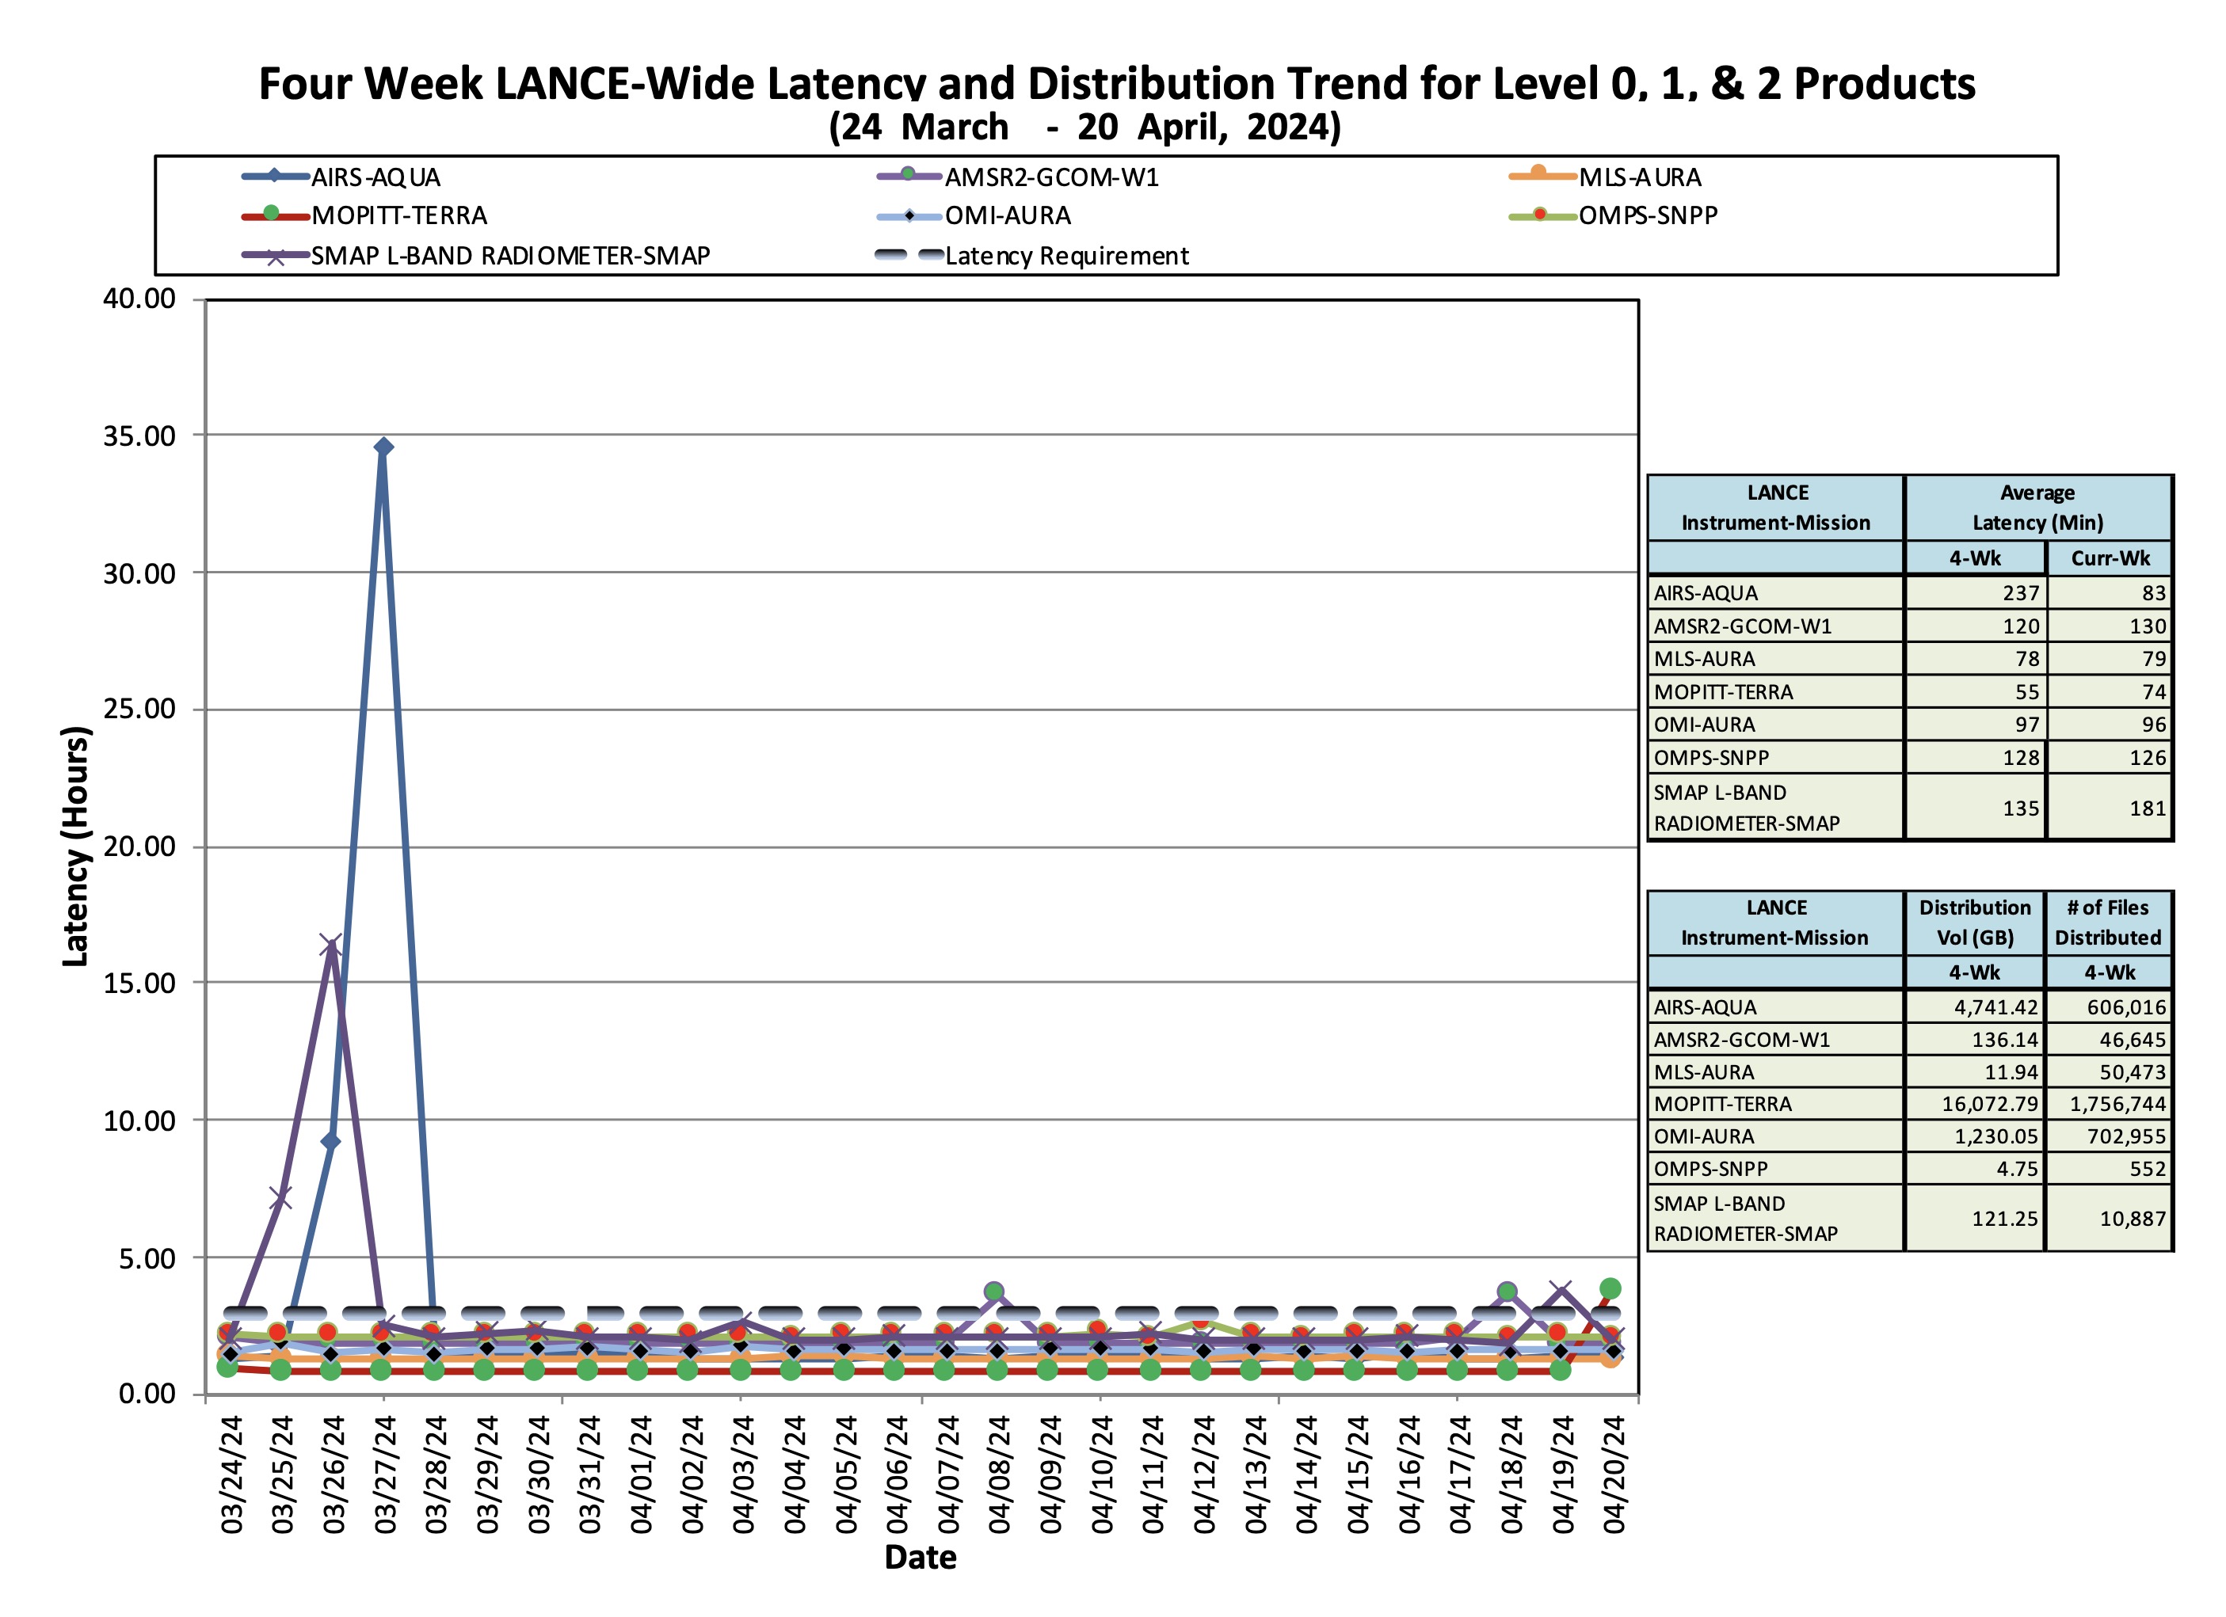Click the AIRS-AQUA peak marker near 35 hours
(x=383, y=447)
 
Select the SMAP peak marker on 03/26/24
(x=331, y=945)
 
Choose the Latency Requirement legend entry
(x=1066, y=256)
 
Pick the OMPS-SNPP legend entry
(x=1647, y=216)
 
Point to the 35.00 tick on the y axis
(x=139, y=436)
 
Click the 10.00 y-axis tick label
(x=139, y=1120)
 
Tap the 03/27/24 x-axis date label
(x=386, y=1474)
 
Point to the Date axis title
(x=920, y=1557)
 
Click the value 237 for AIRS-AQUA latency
(x=2020, y=592)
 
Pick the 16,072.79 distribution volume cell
(x=1989, y=1104)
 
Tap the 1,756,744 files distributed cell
(x=2117, y=1104)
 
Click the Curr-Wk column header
(x=2110, y=558)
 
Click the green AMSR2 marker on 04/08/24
(x=994, y=1292)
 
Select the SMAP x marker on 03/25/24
(x=280, y=1198)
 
